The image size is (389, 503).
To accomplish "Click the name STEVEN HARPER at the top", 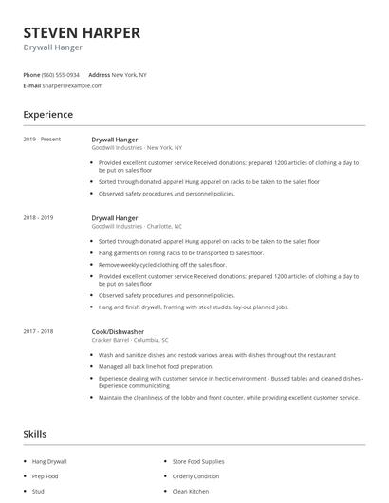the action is pyautogui.click(x=82, y=32).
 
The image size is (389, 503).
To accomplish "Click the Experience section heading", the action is pyautogui.click(x=47, y=115).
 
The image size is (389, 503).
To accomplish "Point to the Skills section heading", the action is pyautogui.click(x=34, y=434).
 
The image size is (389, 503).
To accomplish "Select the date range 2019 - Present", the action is pyautogui.click(x=42, y=140).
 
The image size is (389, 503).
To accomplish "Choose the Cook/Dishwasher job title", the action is pyautogui.click(x=120, y=331).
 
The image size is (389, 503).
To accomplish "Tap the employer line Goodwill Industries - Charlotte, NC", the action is pyautogui.click(x=137, y=226).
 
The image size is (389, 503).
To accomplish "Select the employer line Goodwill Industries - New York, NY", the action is pyautogui.click(x=137, y=147).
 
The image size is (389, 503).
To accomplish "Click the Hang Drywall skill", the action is pyautogui.click(x=49, y=461).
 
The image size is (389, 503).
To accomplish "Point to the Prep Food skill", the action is pyautogui.click(x=46, y=476).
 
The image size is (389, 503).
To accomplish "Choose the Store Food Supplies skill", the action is pyautogui.click(x=199, y=461).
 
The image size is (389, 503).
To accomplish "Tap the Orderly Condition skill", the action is pyautogui.click(x=195, y=476).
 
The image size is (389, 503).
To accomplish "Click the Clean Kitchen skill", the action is pyautogui.click(x=192, y=492).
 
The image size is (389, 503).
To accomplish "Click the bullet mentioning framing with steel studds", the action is pyautogui.click(x=194, y=307).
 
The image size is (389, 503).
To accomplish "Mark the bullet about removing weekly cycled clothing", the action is pyautogui.click(x=175, y=265).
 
